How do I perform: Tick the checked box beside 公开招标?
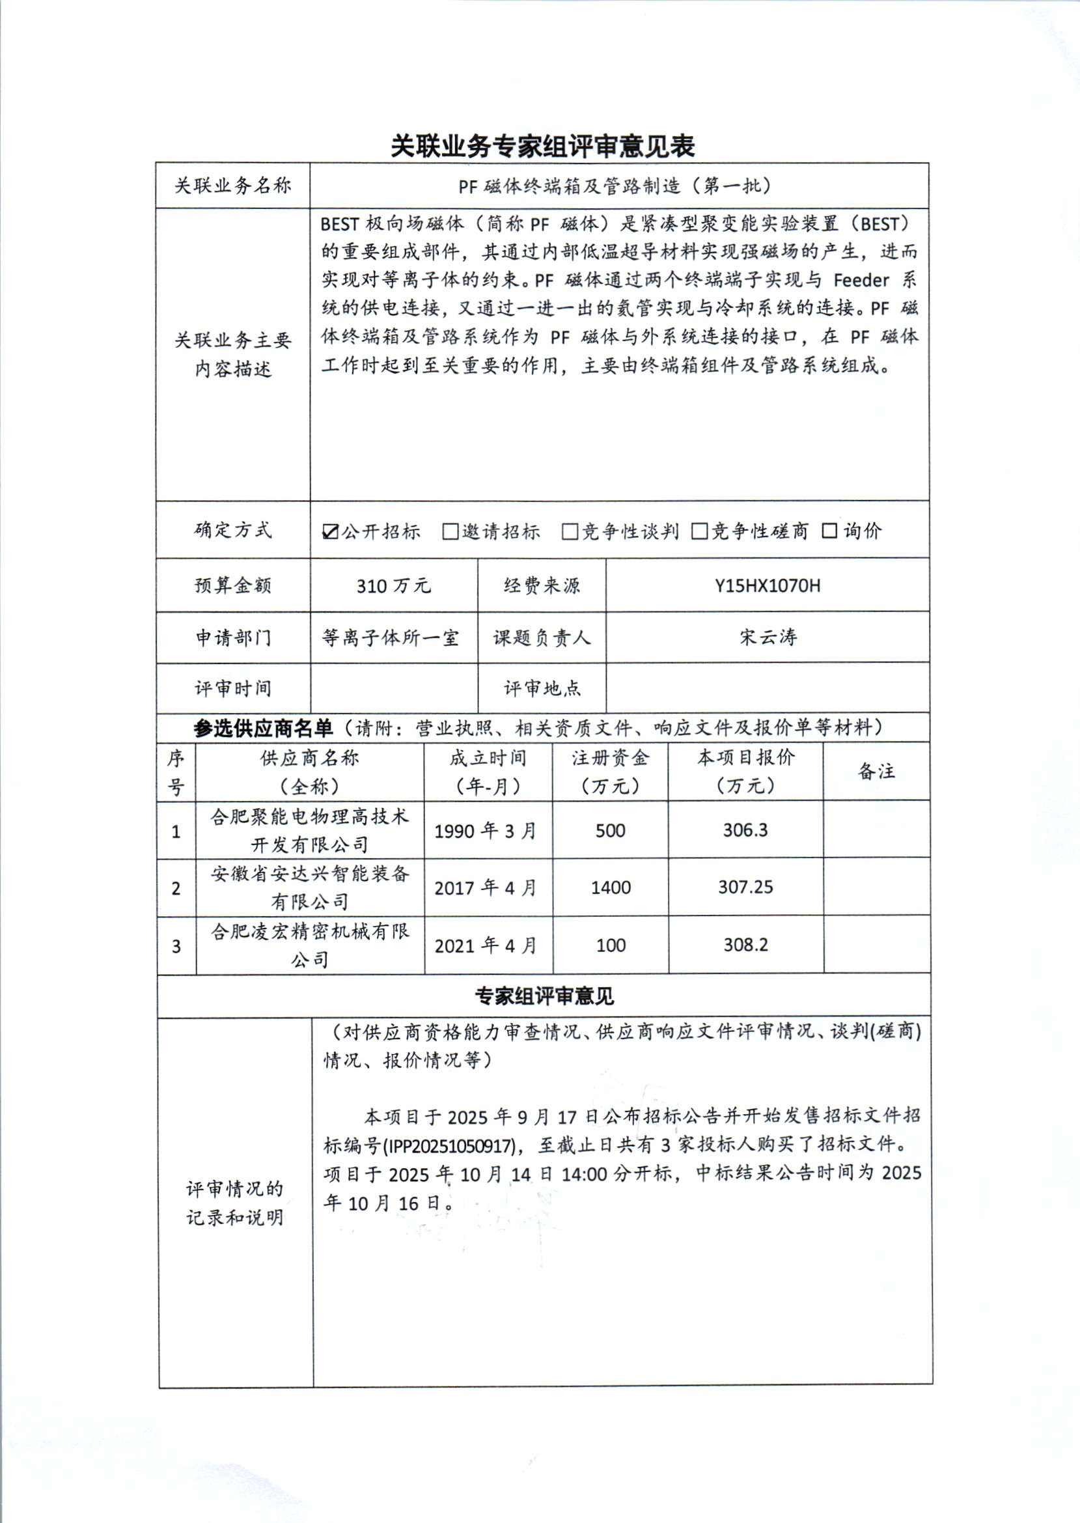point(330,531)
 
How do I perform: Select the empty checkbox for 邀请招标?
point(450,531)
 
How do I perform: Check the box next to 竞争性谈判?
point(569,531)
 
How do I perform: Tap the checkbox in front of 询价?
point(829,531)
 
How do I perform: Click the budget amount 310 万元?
point(394,586)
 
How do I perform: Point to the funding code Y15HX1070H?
point(768,586)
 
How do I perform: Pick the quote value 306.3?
point(745,830)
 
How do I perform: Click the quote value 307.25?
point(745,887)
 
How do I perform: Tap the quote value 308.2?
point(745,945)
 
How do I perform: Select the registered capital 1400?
point(611,887)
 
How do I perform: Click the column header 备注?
point(876,772)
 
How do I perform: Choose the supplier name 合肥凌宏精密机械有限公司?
point(310,945)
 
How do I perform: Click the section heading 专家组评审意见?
point(544,996)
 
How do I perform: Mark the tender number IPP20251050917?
point(449,1145)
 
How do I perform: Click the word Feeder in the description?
point(861,280)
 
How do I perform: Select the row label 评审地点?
point(542,688)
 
